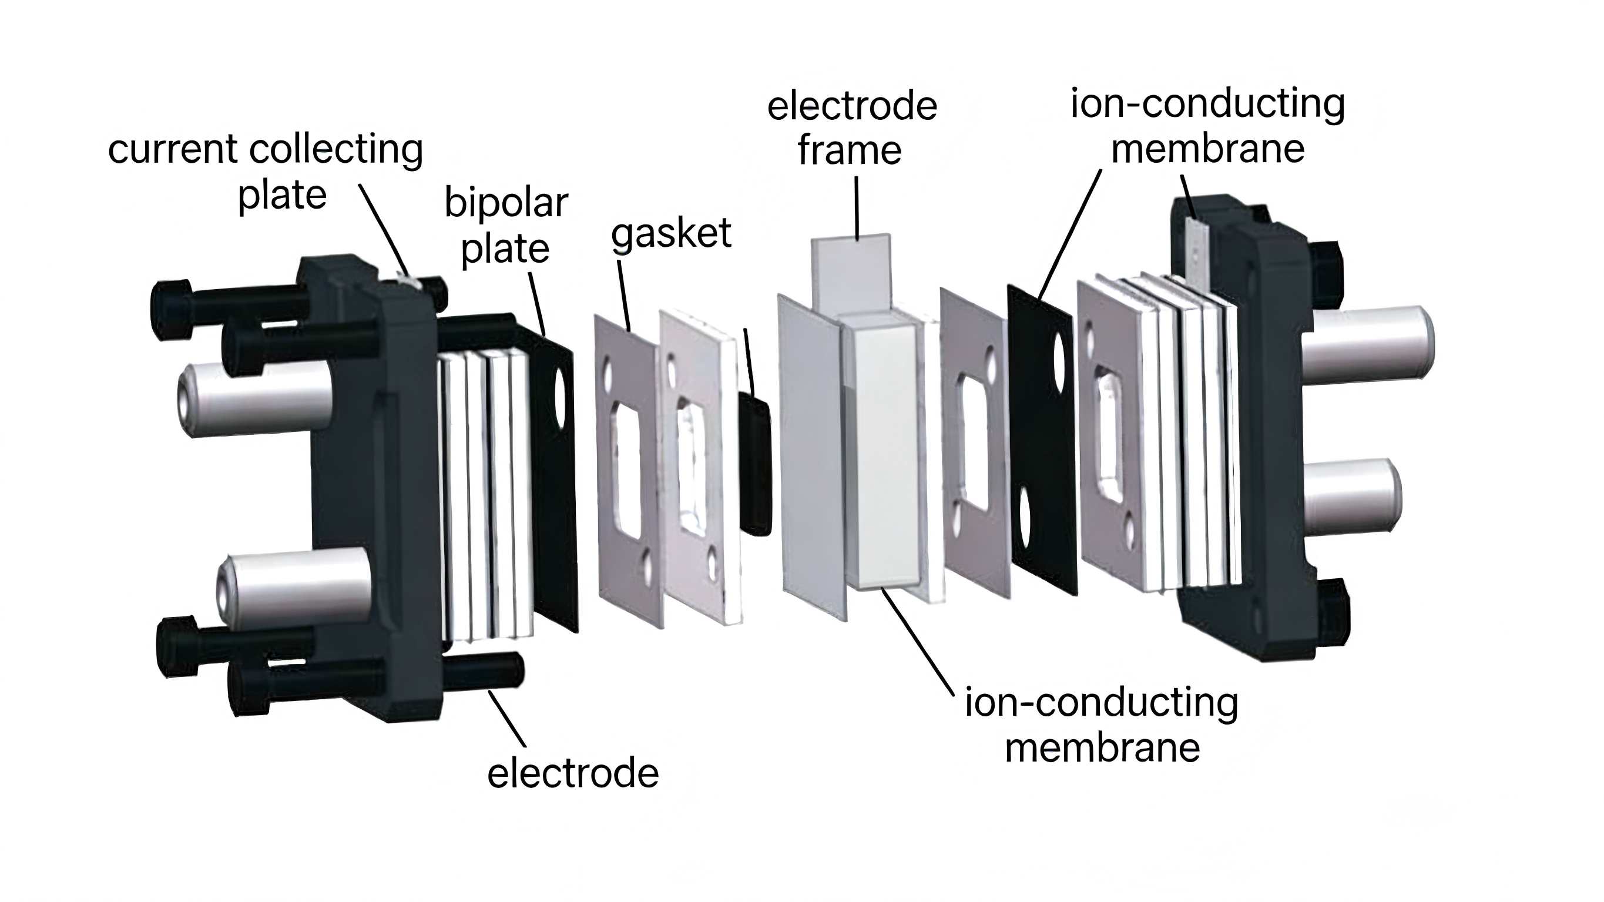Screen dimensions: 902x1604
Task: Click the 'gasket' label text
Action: click(670, 235)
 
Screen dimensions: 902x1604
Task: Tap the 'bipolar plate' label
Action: click(506, 226)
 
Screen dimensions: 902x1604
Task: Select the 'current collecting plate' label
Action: click(266, 172)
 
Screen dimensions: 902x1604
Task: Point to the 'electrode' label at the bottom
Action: click(573, 773)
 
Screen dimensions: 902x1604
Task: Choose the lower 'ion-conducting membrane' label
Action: click(1102, 725)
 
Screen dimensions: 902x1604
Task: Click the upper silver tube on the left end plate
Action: click(256, 401)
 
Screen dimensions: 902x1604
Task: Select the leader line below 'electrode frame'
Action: click(857, 208)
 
